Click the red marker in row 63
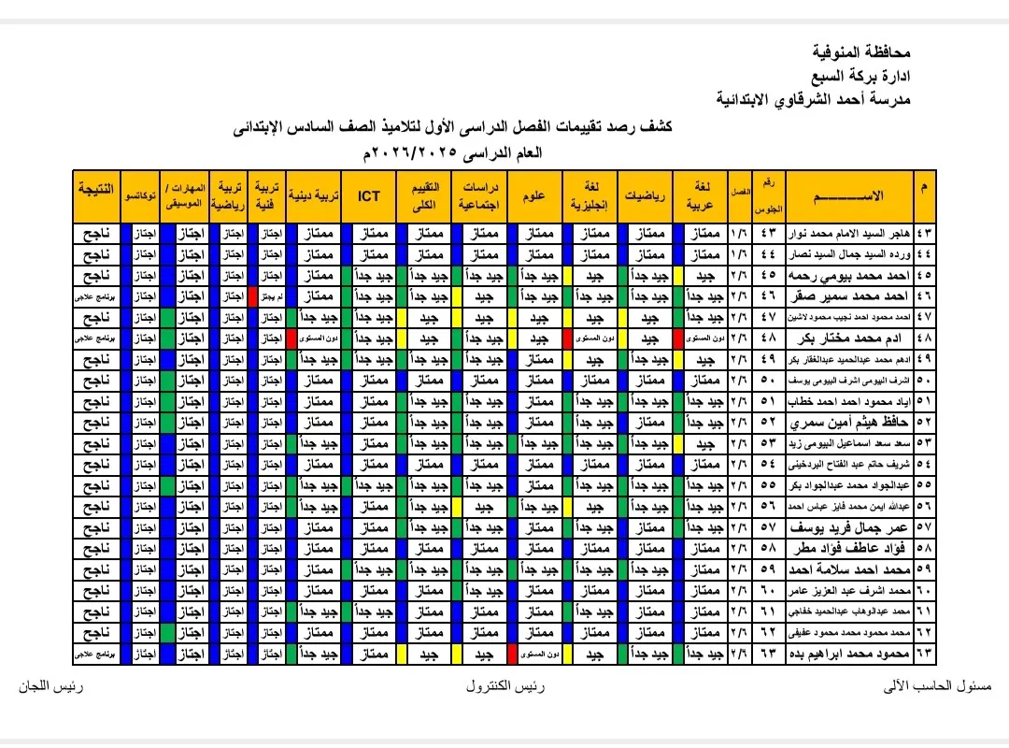(x=511, y=653)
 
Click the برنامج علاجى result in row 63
(x=96, y=653)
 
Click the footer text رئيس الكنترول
(x=506, y=686)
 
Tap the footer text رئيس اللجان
(x=51, y=686)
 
